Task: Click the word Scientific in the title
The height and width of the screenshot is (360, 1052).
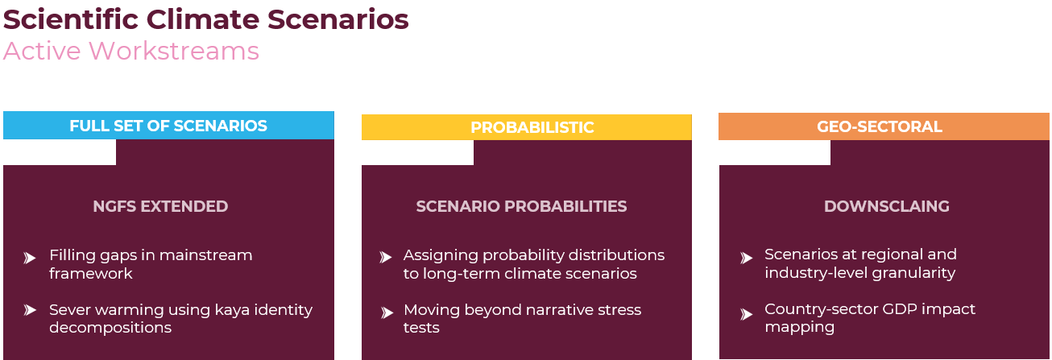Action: click(71, 19)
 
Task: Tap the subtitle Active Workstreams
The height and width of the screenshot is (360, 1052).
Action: click(131, 51)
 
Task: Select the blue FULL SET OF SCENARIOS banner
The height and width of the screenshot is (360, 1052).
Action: click(168, 126)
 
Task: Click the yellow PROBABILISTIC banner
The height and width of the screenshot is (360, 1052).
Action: click(527, 127)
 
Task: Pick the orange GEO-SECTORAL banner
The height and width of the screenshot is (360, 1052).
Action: click(884, 126)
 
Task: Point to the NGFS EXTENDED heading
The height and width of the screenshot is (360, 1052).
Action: click(160, 206)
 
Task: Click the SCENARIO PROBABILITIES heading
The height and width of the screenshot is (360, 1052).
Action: click(521, 206)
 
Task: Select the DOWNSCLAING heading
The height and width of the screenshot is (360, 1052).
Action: click(887, 206)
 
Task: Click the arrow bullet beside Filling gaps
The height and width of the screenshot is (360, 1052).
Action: click(30, 259)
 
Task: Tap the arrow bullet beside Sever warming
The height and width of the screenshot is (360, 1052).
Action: click(30, 310)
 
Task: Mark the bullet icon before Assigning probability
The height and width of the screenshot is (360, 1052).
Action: click(386, 257)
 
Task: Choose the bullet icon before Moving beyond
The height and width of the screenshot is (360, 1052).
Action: click(387, 312)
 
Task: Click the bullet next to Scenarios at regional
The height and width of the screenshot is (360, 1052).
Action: click(746, 259)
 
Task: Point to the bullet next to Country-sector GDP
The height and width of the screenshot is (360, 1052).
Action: click(746, 314)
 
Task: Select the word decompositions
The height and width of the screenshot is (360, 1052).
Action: click(110, 328)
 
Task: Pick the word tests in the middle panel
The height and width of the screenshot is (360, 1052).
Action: click(421, 328)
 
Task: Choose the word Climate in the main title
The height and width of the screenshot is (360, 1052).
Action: click(203, 19)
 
